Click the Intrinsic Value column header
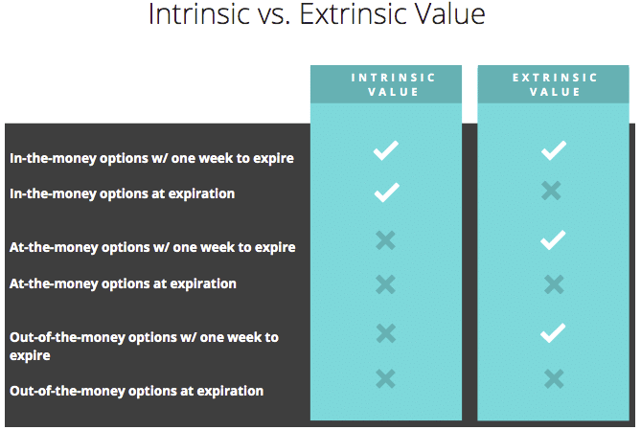[x=393, y=84]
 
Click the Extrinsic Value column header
[x=555, y=84]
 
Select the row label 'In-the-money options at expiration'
[x=123, y=193]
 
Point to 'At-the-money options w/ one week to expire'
[x=152, y=247]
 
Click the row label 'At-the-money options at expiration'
[x=123, y=283]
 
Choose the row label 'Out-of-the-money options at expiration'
[x=137, y=391]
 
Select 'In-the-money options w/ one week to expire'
[x=151, y=158]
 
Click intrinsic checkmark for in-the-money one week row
[x=385, y=150]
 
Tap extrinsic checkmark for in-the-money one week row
[x=554, y=150]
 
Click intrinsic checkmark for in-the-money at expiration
[x=386, y=192]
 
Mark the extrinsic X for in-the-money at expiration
[x=551, y=191]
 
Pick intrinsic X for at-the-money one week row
[x=385, y=240]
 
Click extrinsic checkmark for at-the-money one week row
[x=553, y=240]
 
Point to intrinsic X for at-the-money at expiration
[x=385, y=284]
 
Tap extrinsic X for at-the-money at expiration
[x=554, y=284]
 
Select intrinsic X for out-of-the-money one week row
[x=385, y=333]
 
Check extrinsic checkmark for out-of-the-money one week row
[x=553, y=332]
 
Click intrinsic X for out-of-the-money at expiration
[x=385, y=378]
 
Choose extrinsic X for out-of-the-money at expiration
[x=554, y=378]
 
